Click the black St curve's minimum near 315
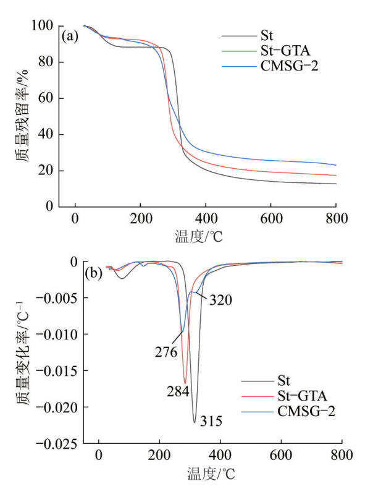pyautogui.click(x=194, y=422)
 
